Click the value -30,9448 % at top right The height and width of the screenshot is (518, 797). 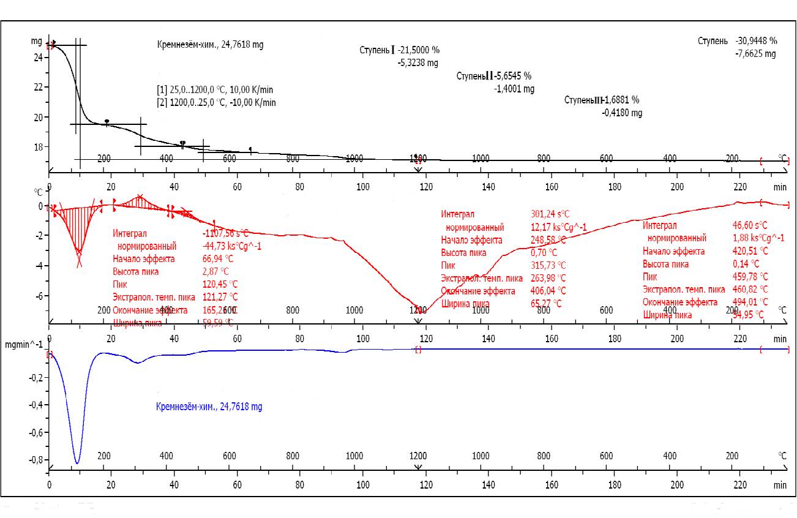(756, 41)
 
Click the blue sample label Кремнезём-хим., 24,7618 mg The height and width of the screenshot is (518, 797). (209, 407)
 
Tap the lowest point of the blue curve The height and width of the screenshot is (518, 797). (77, 464)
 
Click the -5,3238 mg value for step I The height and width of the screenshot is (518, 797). (417, 62)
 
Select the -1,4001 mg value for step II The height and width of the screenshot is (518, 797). (514, 89)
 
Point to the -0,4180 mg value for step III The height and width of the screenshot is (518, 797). (622, 113)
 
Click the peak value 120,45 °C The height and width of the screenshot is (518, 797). (220, 284)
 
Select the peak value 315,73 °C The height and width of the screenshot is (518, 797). (548, 265)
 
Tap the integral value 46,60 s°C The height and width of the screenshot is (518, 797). (750, 225)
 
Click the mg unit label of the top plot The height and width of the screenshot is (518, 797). (36, 41)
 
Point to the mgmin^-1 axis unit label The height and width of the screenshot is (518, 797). (23, 345)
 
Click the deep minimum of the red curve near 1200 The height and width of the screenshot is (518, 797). (421, 311)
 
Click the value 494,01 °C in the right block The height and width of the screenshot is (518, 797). (750, 302)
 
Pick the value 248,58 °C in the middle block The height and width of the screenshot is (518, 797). (548, 239)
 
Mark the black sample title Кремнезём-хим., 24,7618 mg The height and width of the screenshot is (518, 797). (211, 45)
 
